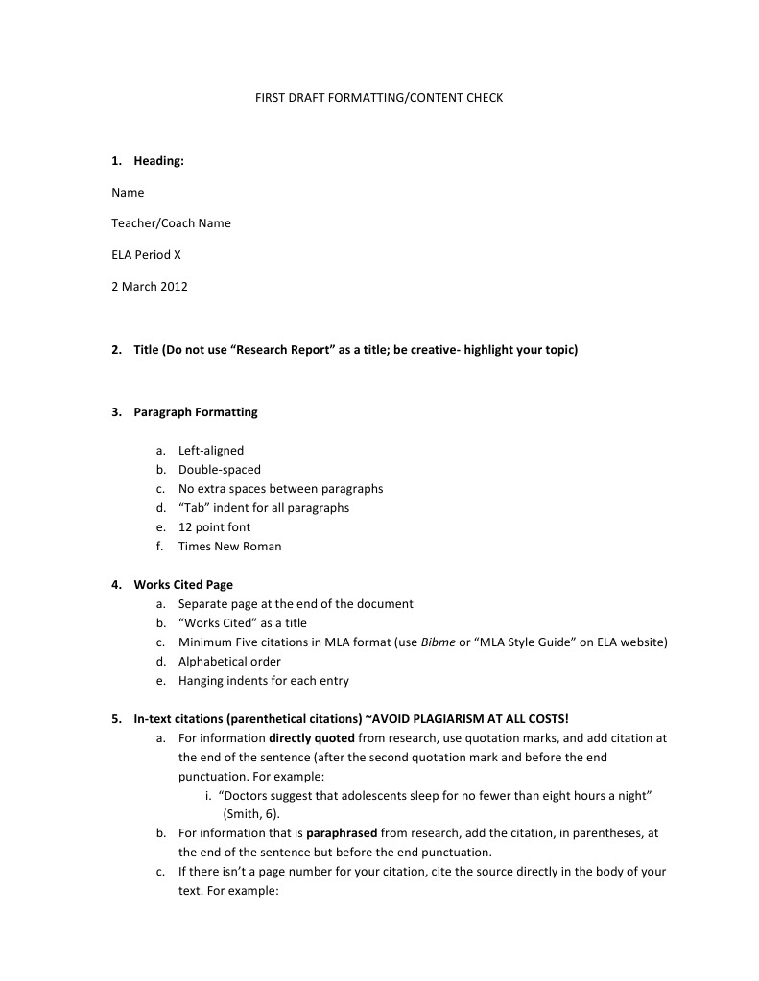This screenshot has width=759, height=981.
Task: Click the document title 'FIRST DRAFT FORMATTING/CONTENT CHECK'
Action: tap(378, 98)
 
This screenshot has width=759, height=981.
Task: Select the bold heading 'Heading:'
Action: tap(158, 161)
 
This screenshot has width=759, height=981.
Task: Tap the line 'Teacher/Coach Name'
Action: tap(171, 223)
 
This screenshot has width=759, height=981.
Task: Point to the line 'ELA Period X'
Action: tap(146, 255)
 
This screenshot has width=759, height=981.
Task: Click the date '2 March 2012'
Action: tap(150, 287)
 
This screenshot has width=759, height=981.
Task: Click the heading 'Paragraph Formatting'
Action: tap(196, 412)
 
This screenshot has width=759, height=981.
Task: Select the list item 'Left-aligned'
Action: tap(211, 451)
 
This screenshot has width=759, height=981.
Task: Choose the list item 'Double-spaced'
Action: tap(219, 470)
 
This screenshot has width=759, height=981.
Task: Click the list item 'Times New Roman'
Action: tap(230, 547)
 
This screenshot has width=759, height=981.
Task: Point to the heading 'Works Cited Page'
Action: tap(183, 585)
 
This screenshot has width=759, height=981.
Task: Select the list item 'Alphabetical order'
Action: tap(229, 662)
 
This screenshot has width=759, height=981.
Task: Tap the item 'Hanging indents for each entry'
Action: tap(264, 681)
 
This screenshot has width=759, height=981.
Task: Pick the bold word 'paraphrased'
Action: tap(341, 834)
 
